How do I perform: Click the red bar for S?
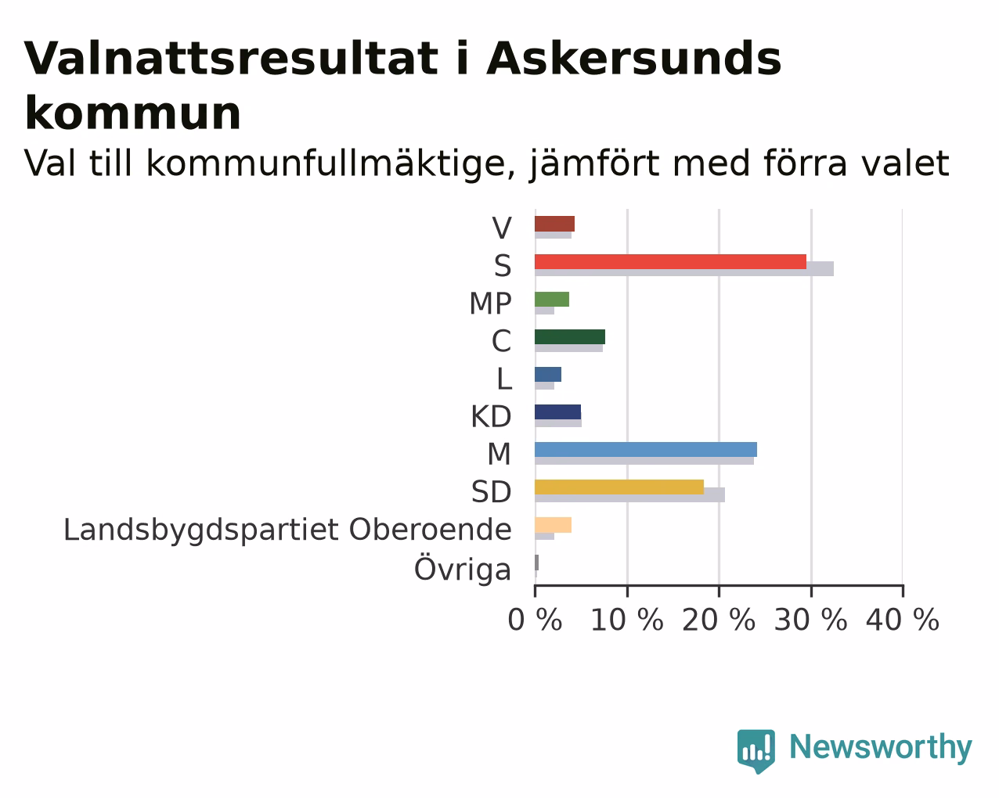point(670,261)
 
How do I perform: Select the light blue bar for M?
point(646,450)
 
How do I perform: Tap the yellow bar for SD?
point(619,487)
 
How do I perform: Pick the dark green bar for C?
point(570,337)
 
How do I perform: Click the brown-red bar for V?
point(555,224)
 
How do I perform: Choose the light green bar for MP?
point(552,299)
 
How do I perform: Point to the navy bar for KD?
point(558,412)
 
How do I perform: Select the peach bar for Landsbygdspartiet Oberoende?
point(554,525)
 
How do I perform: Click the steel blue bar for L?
point(548,375)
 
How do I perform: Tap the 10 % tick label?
point(627,620)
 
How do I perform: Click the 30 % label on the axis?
point(811,620)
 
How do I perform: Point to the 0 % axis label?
point(536,620)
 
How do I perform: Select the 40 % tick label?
point(903,620)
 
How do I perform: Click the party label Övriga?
point(463,570)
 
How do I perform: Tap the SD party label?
point(492,492)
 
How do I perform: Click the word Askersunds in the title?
point(634,59)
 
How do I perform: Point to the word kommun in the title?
point(133,113)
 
